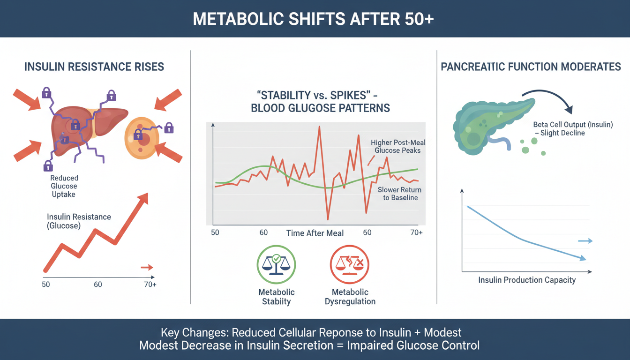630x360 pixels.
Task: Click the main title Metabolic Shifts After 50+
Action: coord(315,19)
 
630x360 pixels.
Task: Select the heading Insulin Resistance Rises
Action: coord(94,67)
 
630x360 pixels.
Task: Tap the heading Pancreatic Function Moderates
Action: coord(531,67)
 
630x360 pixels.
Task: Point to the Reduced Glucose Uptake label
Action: coord(64,186)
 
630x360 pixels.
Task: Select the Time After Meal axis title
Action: coord(315,233)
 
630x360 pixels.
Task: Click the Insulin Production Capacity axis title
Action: coord(527,280)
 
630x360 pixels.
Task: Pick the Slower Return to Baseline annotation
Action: coord(399,194)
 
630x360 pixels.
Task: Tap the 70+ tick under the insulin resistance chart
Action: coord(150,285)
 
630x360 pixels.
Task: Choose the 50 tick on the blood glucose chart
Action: coord(215,232)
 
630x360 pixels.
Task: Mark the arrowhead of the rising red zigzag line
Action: coord(142,199)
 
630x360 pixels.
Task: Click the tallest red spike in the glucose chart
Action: coord(319,127)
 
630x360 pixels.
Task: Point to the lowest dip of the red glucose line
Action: coord(328,218)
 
